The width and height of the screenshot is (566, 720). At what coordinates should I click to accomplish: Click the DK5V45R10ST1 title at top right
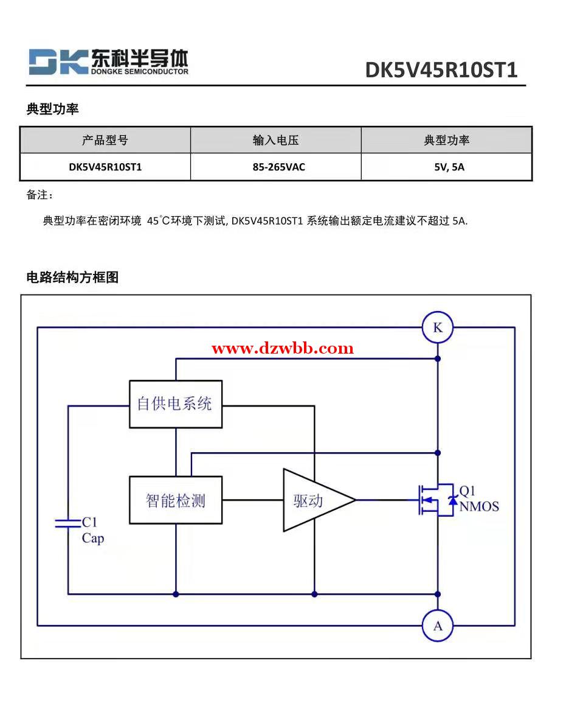pos(441,70)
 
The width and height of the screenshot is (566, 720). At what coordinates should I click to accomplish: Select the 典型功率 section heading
pos(53,110)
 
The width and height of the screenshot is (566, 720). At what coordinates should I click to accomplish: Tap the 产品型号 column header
pos(105,141)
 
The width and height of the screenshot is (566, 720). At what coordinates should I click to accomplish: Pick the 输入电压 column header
pos(276,141)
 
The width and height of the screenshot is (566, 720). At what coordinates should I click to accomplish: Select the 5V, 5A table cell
pos(449,167)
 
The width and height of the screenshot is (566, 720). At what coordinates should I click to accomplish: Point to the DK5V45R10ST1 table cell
pos(105,167)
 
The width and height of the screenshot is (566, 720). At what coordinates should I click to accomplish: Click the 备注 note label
pos(39,195)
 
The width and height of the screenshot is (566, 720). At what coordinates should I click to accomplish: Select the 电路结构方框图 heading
pos(72,278)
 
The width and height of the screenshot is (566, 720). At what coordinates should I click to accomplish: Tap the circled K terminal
pos(438,328)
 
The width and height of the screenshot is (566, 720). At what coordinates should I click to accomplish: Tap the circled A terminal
pos(438,626)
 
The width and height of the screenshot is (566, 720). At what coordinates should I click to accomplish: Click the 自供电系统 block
pos(176,404)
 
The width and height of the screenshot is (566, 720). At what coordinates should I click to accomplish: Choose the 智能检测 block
pos(176,500)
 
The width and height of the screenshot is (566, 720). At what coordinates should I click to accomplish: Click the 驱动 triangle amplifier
pos(313,500)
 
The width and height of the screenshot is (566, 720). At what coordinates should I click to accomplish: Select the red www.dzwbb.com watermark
pos(283,349)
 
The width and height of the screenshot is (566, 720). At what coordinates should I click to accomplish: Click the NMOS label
pos(479,506)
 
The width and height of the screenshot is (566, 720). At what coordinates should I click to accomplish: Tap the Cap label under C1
pos(93,539)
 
